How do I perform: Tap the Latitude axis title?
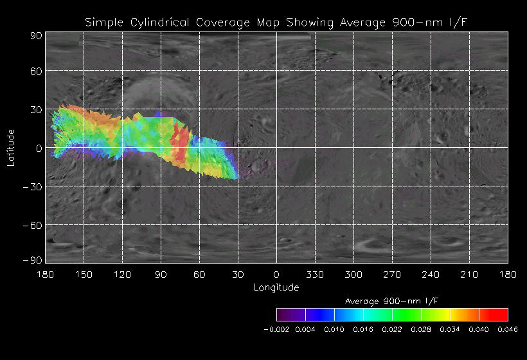(x=11, y=147)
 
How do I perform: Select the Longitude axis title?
(x=276, y=287)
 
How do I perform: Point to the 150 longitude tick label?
(x=84, y=274)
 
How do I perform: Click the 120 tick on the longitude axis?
(x=122, y=274)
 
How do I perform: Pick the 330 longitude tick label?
(x=315, y=274)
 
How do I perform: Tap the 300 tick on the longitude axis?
(x=353, y=274)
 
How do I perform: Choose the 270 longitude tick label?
(x=392, y=274)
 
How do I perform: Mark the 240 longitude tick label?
(x=431, y=274)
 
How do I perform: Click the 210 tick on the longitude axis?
(x=469, y=274)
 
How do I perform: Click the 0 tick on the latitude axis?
(x=39, y=148)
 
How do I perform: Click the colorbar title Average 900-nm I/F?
(x=392, y=301)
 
